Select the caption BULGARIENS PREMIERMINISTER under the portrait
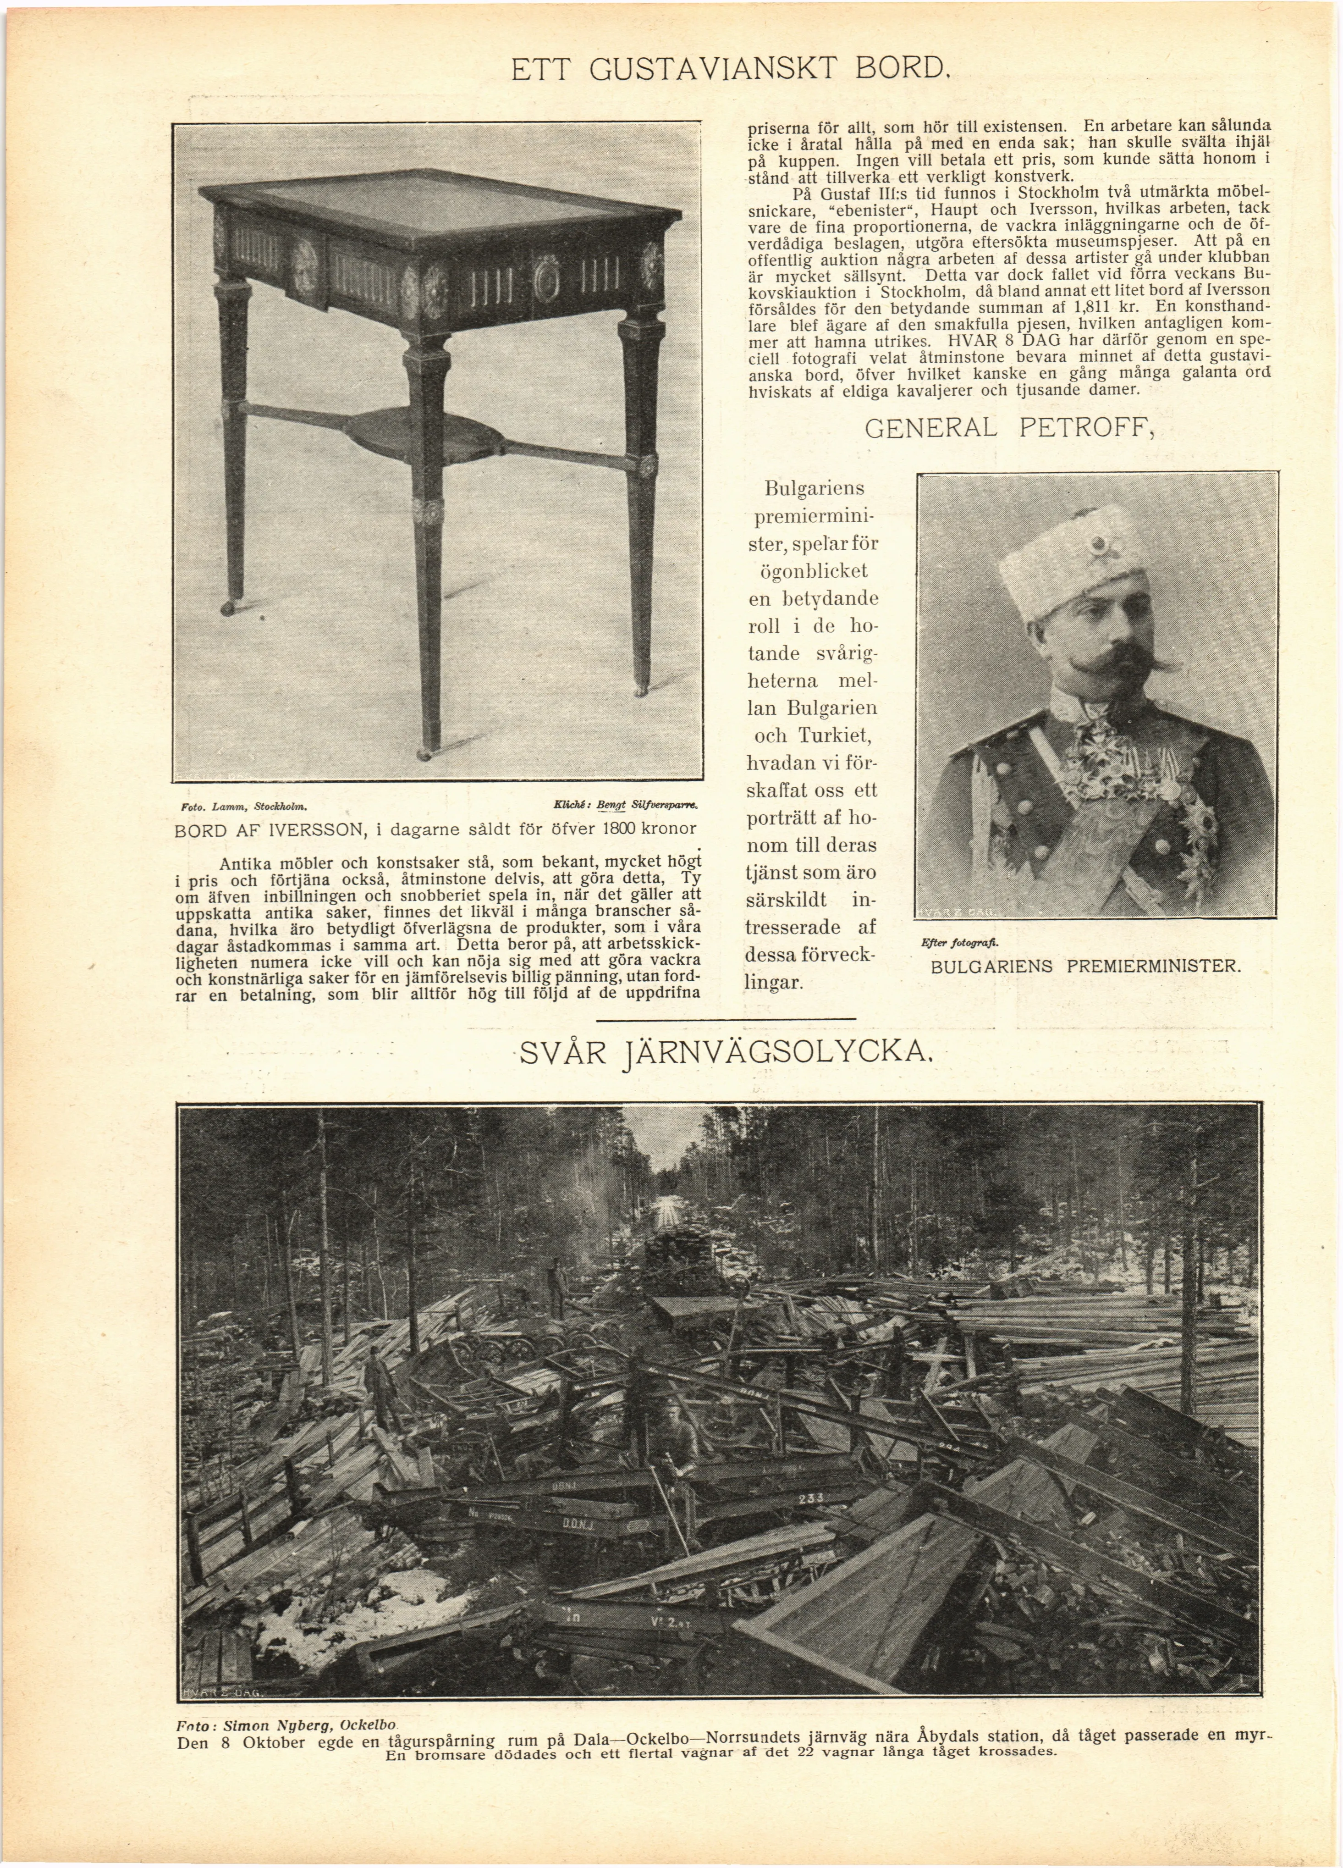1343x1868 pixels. click(1085, 967)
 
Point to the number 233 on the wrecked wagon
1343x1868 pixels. click(810, 1498)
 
